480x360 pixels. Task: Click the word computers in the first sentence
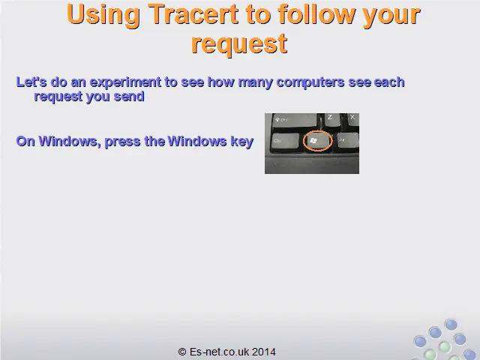tap(310, 82)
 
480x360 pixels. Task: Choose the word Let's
tap(31, 82)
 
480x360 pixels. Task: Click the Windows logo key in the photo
tap(317, 141)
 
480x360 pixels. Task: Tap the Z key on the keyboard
tap(331, 119)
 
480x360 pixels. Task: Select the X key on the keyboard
tap(353, 118)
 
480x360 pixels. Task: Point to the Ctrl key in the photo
tap(285, 142)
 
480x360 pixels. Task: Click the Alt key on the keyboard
tap(348, 140)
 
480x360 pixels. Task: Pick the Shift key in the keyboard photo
tap(295, 120)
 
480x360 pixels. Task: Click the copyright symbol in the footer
tap(182, 352)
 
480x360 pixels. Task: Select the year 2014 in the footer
tap(264, 352)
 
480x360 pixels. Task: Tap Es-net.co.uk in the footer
tap(219, 352)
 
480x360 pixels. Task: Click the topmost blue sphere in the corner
tap(451, 325)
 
